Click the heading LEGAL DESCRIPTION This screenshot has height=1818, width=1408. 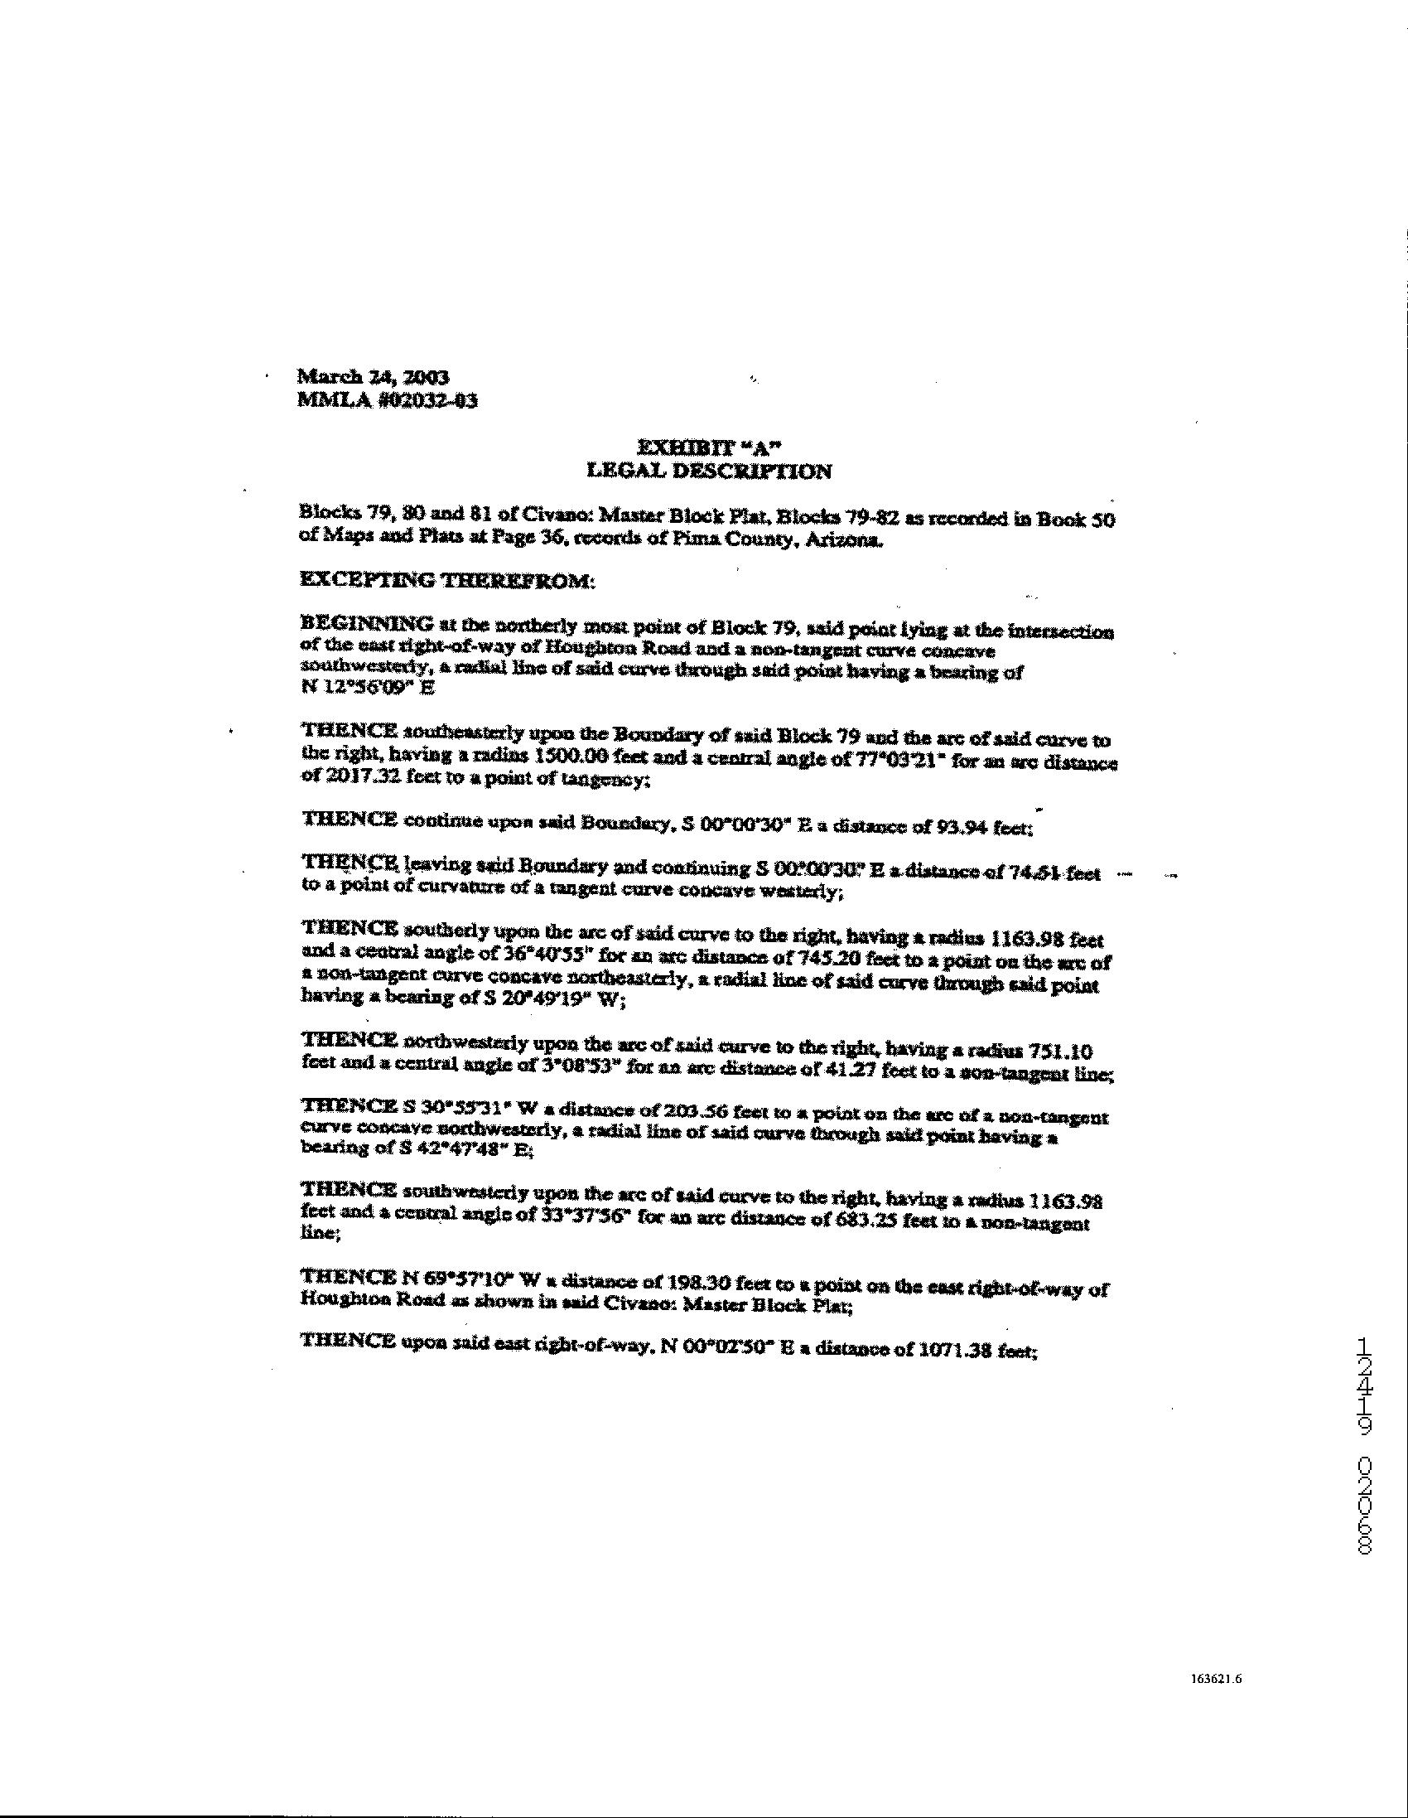point(708,472)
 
